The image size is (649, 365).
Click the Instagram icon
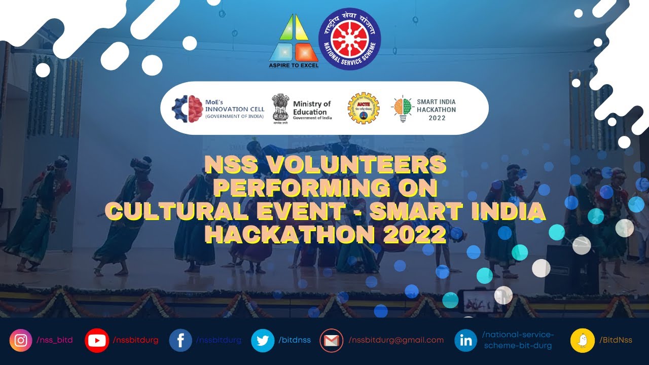coord(21,340)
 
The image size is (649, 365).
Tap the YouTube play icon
coord(96,340)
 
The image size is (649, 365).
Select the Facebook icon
coord(180,340)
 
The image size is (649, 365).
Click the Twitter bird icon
coord(263,340)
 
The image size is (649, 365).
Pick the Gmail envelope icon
coord(332,340)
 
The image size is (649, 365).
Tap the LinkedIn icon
coord(465,340)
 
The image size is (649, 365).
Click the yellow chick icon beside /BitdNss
coord(583,340)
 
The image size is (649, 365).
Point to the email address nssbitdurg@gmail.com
coord(396,340)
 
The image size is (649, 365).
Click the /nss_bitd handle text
coord(55,340)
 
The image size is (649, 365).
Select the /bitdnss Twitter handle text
coord(294,340)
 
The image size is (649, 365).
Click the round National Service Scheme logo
coord(349,39)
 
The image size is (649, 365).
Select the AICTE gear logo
coord(363,107)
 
